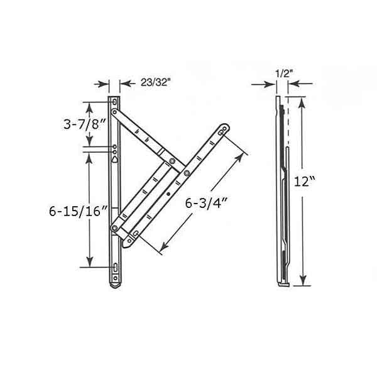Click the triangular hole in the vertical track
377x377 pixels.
click(114, 160)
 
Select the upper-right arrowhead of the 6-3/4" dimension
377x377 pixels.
click(242, 145)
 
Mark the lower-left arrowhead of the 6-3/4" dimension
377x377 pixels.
click(164, 246)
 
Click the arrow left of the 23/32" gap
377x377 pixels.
click(104, 83)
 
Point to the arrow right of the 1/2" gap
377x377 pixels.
click(292, 83)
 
